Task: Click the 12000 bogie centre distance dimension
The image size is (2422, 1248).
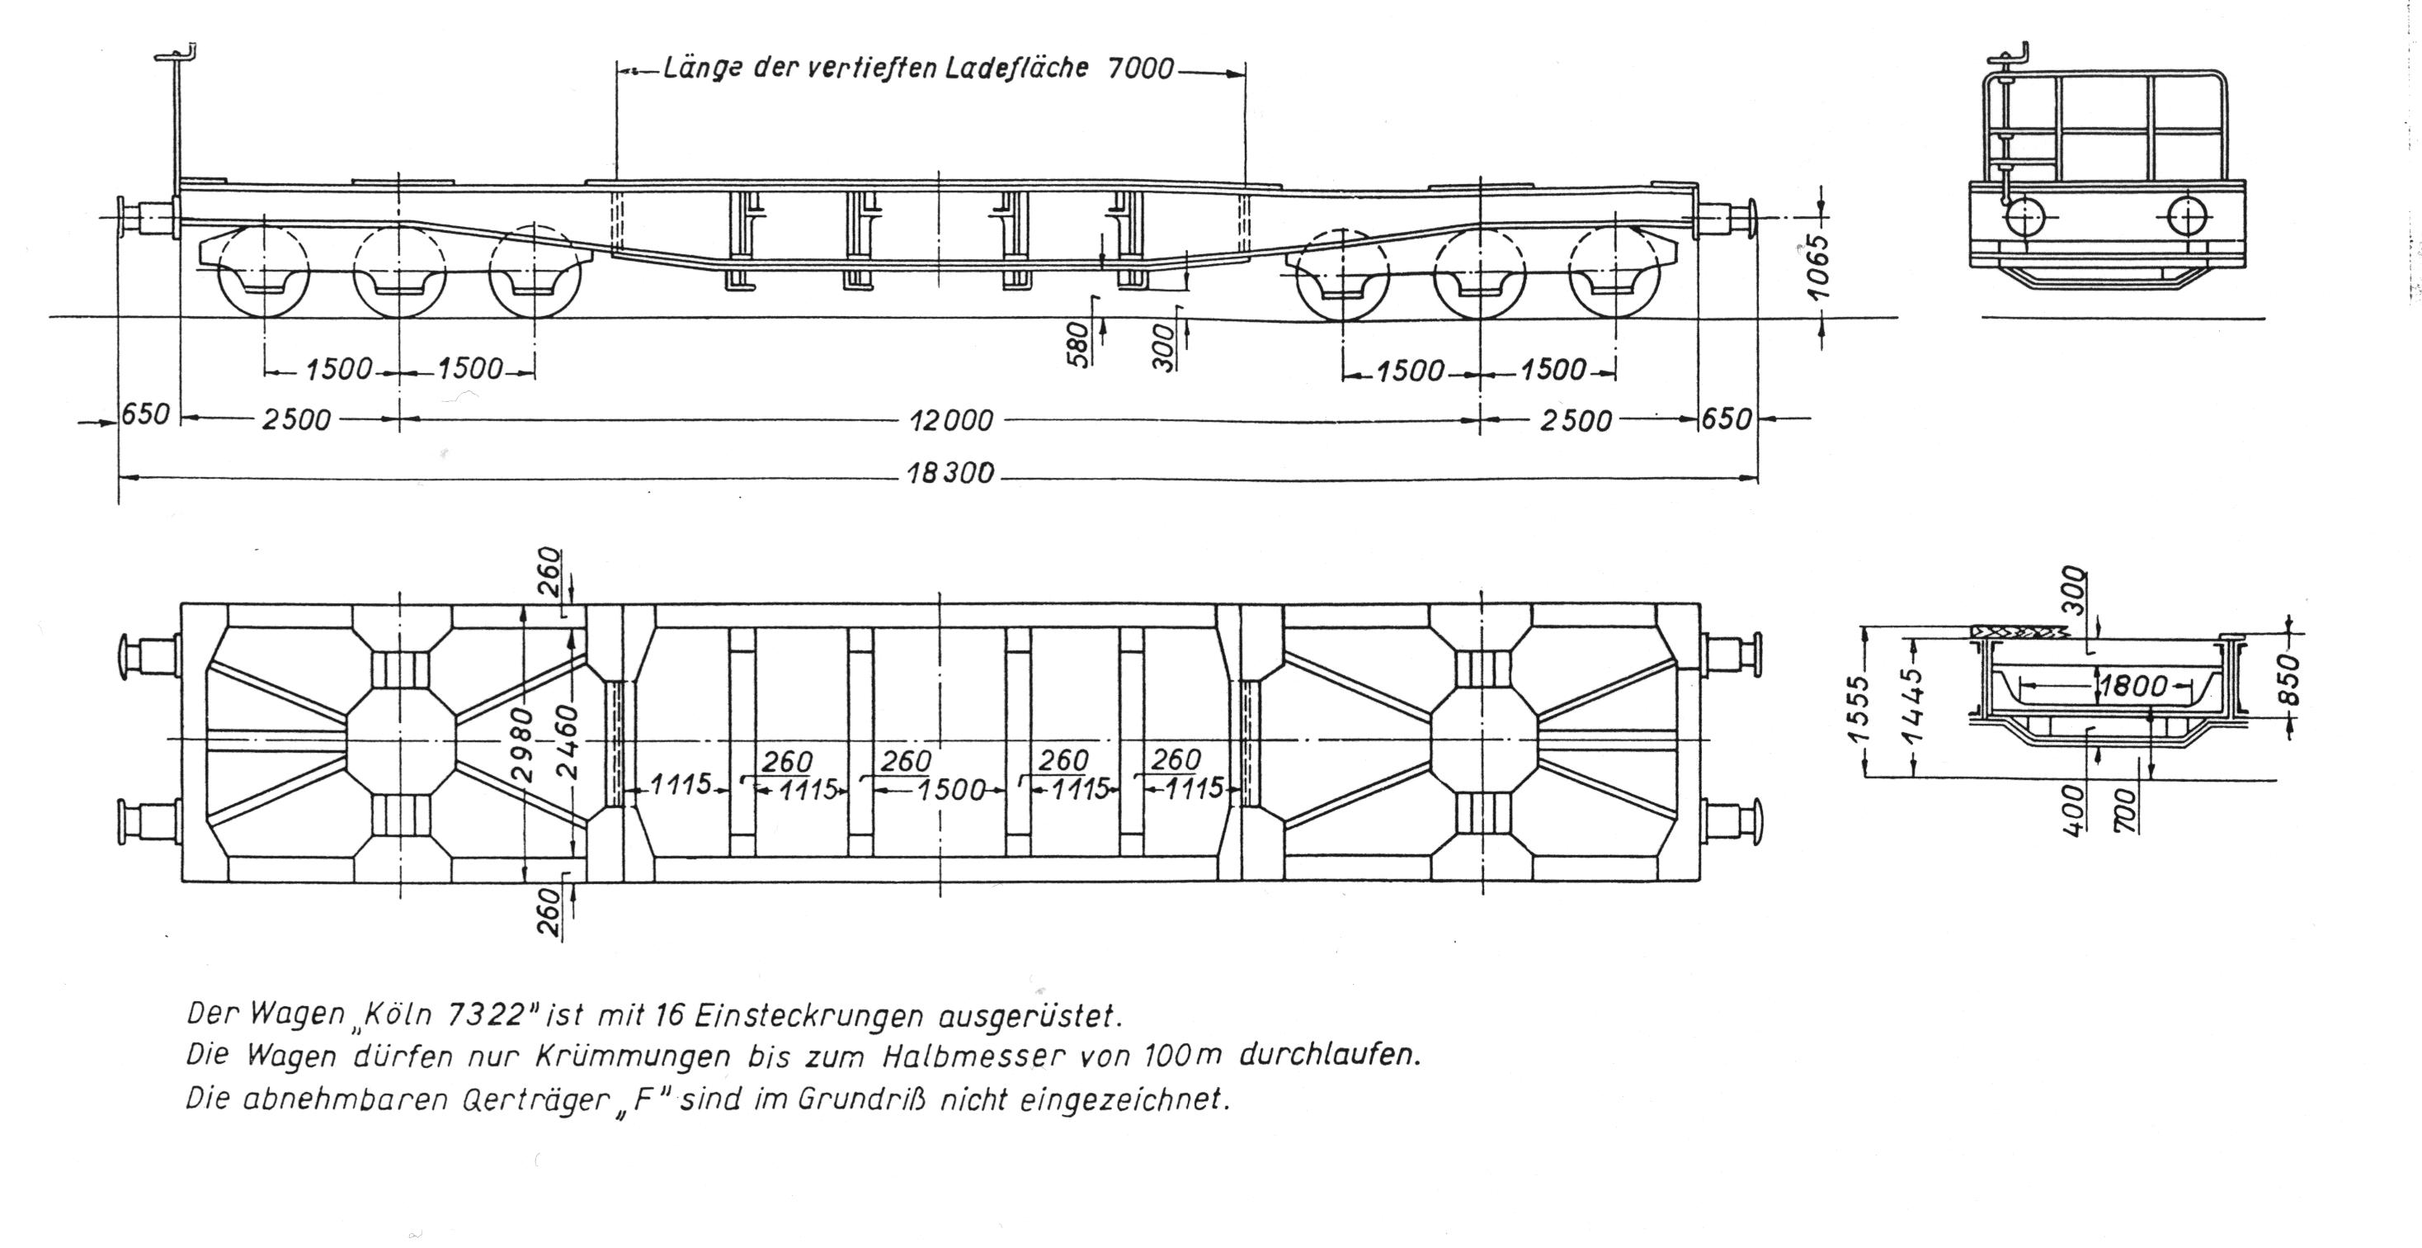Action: (x=950, y=420)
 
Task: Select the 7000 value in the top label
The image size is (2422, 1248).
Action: (x=1141, y=69)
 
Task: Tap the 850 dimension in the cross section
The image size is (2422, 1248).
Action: (x=2288, y=677)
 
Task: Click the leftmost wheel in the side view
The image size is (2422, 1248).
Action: (x=263, y=271)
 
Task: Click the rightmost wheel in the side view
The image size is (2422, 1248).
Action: (x=1614, y=272)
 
